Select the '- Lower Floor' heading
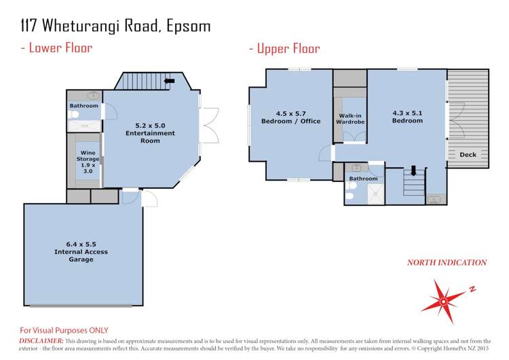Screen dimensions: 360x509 (58, 48)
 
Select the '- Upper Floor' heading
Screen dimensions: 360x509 (284, 48)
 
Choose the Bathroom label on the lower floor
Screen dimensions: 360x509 (83, 106)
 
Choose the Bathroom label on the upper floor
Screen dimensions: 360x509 (363, 179)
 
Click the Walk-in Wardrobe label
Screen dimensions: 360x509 (350, 119)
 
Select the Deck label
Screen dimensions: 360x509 (468, 155)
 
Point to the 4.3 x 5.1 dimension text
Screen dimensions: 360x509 (407, 113)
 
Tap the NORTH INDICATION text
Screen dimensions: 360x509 (446, 262)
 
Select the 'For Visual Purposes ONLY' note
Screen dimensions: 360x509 (64, 329)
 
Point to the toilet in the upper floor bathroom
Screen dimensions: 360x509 (348, 197)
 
